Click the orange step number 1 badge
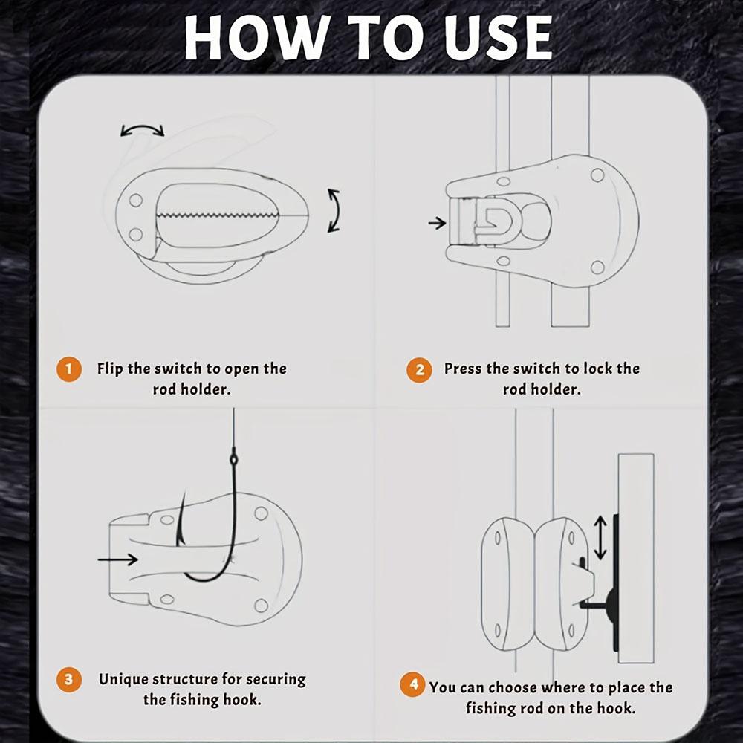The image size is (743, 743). click(68, 369)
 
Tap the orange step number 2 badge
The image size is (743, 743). click(419, 369)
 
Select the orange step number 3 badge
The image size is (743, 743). click(68, 680)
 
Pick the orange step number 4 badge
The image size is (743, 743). click(413, 684)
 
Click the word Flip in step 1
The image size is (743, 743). click(111, 369)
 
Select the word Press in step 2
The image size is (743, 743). click(462, 369)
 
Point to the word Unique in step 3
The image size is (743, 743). click(123, 680)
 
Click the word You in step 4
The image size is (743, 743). click(441, 687)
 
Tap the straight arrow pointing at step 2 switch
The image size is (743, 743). click(437, 222)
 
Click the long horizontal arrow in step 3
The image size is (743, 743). click(117, 559)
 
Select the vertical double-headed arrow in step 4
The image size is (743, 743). click(600, 538)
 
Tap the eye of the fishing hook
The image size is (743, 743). click(233, 459)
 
